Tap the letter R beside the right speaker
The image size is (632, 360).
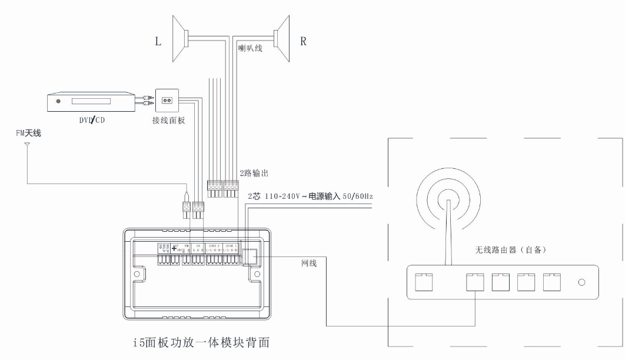(304, 41)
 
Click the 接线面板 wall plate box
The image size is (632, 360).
(167, 101)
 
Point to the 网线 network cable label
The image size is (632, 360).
(309, 263)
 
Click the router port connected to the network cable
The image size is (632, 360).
(474, 283)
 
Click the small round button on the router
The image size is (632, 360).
(581, 283)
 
